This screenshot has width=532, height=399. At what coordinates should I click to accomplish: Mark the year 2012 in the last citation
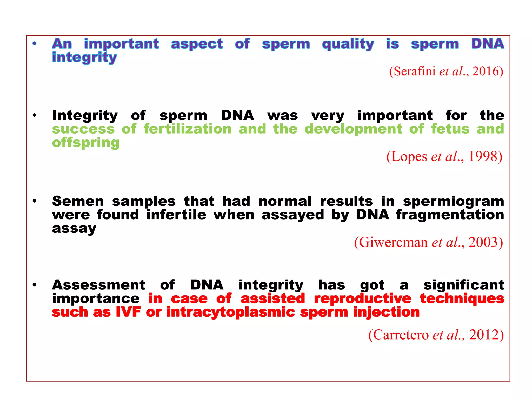pos(484,335)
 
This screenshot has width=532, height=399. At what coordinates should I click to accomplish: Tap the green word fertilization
pos(188,129)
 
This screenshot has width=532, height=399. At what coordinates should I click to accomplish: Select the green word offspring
pos(86,143)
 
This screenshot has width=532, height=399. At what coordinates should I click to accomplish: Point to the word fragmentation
pos(450,215)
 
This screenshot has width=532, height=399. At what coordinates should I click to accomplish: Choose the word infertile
pos(176,215)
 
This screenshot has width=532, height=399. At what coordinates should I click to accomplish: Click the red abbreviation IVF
pos(128,312)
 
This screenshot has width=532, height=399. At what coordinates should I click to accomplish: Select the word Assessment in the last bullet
pos(98,285)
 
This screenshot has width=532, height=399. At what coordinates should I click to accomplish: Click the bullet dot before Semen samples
pos(34,201)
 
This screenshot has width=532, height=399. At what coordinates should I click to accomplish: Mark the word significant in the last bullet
pos(464,285)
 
